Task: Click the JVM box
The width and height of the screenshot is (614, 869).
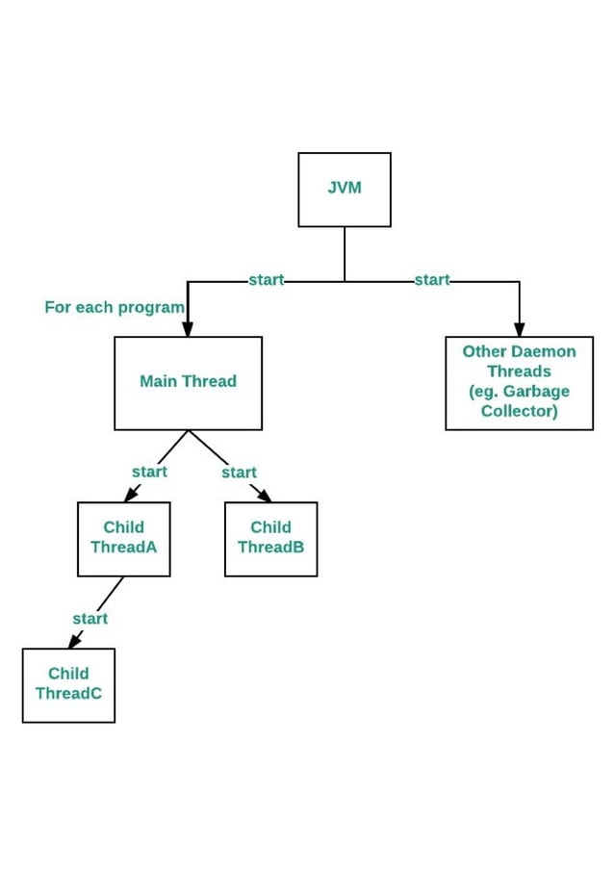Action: [345, 190]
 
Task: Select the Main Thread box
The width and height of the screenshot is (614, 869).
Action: [188, 383]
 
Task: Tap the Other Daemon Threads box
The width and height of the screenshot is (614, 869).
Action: [519, 382]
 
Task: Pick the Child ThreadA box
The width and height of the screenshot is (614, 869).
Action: [123, 539]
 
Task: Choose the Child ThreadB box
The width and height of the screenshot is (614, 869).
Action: [270, 539]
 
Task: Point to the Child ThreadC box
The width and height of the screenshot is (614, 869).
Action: [68, 685]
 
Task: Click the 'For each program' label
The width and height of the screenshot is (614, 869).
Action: [114, 307]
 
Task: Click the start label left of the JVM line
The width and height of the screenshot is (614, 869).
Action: [266, 280]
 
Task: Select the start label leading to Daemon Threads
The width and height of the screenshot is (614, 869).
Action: [431, 280]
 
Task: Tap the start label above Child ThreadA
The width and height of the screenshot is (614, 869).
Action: [149, 472]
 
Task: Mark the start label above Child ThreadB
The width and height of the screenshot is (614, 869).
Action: [239, 473]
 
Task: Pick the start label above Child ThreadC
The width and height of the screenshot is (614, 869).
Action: [90, 619]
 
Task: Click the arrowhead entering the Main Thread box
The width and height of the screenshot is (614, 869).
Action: [188, 329]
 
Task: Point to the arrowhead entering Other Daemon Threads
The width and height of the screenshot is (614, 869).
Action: [519, 329]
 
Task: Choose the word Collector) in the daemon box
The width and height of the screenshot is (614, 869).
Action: [519, 412]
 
